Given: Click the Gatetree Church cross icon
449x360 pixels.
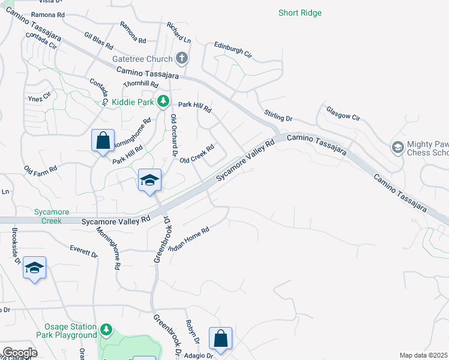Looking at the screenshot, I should point(182,59).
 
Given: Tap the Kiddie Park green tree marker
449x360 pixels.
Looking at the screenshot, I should point(162,102).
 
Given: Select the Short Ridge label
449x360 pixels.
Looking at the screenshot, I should point(300,13).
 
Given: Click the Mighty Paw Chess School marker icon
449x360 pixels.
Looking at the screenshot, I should point(397,147).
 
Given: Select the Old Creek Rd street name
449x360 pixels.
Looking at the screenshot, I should point(197,154).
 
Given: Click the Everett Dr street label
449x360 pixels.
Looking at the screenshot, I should point(83,251).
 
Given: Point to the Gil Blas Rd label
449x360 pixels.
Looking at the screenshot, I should point(99,41).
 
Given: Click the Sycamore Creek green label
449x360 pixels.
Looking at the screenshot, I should point(52,216).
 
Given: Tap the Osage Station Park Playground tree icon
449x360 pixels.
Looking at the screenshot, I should point(106,329).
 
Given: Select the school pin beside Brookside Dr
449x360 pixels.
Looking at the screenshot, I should point(34,268).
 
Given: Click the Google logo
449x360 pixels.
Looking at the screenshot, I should point(19,352).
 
